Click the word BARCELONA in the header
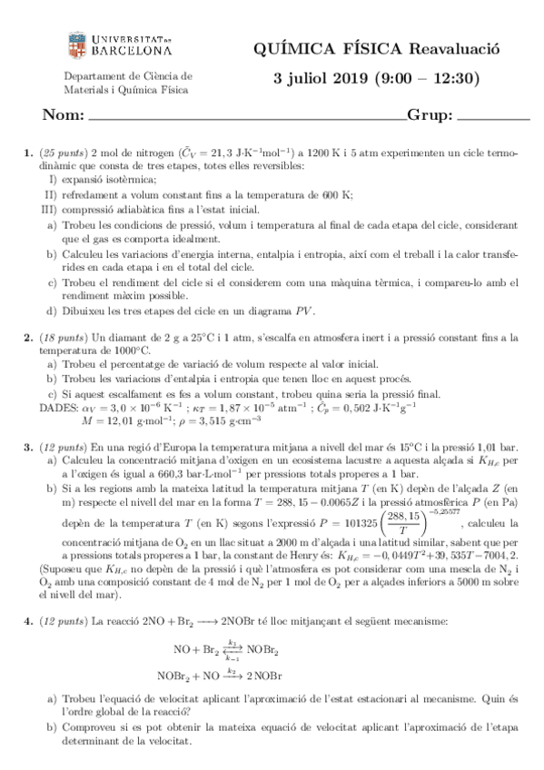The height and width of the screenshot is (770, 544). (x=130, y=53)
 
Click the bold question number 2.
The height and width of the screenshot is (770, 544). (x=27, y=337)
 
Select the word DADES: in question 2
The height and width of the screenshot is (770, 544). (x=58, y=408)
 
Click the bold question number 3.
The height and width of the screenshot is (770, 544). (x=27, y=448)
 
